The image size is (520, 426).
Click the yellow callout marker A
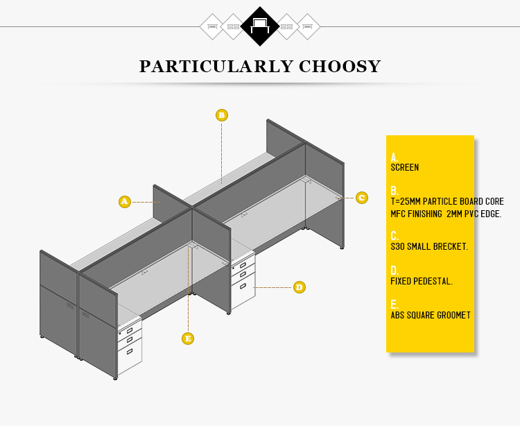coord(125,202)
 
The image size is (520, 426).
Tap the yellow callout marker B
coord(222,115)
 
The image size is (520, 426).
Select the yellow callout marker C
coord(362,198)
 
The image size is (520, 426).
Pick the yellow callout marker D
coord(300,287)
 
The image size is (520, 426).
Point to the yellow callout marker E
coord(188,339)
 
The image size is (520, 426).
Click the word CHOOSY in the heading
coord(340,67)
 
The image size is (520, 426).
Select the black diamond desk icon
coord(260,26)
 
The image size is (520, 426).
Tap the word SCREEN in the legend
coord(405,167)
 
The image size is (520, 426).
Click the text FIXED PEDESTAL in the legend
coord(422,281)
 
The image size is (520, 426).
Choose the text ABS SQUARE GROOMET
coord(431,315)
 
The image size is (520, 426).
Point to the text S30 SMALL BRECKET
coord(429,246)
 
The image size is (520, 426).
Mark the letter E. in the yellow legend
coord(395,305)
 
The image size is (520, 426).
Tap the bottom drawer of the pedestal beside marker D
coord(243,289)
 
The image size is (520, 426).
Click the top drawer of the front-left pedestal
coord(130,330)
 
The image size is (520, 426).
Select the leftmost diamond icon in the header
coord(212,26)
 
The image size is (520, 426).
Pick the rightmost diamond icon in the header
coord(308,26)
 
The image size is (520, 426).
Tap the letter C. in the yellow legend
coord(395,236)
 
